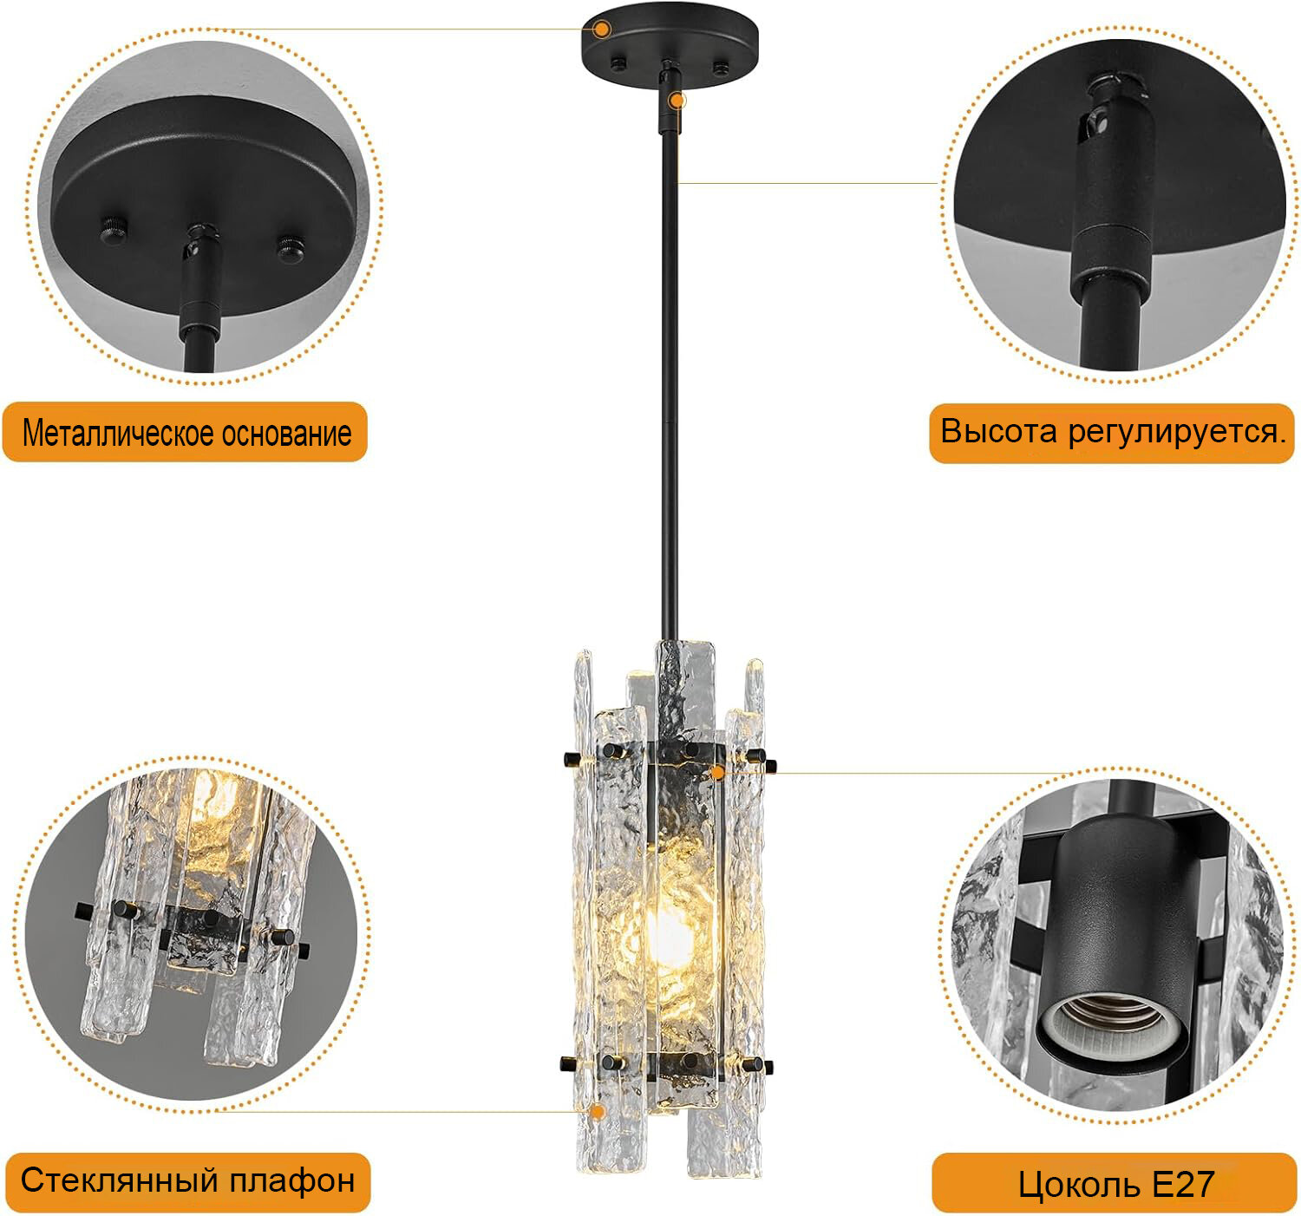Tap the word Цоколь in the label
(x=1080, y=1185)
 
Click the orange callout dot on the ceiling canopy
(x=602, y=29)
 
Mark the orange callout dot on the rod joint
(x=677, y=101)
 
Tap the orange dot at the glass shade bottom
(x=597, y=1111)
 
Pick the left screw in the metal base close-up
(x=114, y=230)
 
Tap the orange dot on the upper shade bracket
(x=717, y=773)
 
